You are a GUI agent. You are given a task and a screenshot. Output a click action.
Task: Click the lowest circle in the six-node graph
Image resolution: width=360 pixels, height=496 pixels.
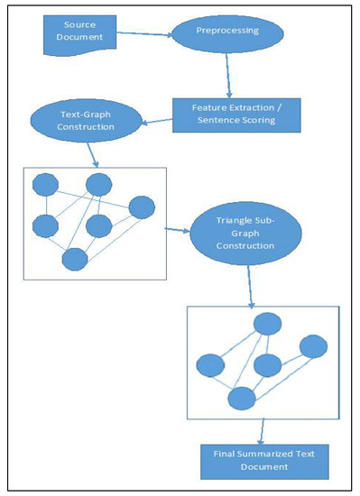[74, 259]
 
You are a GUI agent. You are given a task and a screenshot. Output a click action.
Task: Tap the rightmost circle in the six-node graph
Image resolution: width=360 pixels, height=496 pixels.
[142, 208]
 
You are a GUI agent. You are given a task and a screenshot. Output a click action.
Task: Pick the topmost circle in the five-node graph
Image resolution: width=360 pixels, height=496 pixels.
[266, 325]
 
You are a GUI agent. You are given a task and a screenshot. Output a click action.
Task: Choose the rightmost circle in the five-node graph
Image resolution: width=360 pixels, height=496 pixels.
[311, 346]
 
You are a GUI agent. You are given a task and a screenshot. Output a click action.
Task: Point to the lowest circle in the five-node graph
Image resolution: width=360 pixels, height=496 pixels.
[240, 398]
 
